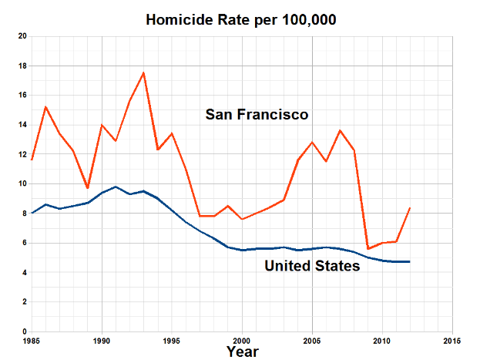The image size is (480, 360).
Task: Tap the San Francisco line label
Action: [257, 115]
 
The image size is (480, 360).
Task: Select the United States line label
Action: [312, 267]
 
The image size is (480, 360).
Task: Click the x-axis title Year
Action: [243, 351]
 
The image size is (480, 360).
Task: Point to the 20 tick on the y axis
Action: [22, 36]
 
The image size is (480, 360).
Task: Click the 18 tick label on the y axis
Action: [22, 66]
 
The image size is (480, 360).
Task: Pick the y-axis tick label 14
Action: [22, 125]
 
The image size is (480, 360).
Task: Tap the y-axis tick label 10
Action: [22, 184]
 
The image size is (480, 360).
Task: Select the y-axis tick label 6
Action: [24, 243]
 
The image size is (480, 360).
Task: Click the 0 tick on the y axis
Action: [24, 331]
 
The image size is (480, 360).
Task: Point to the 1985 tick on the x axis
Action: [32, 340]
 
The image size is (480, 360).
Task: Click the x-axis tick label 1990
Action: [102, 340]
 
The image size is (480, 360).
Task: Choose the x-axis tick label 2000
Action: [242, 340]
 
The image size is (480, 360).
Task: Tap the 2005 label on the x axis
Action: [312, 340]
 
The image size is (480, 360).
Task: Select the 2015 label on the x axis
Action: [452, 340]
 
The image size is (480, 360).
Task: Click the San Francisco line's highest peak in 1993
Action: [143, 73]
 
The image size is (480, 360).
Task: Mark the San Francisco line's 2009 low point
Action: [368, 248]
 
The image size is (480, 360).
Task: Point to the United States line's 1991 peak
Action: [116, 187]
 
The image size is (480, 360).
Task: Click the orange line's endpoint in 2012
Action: [410, 208]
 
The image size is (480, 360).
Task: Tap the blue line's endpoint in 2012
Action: [410, 262]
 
